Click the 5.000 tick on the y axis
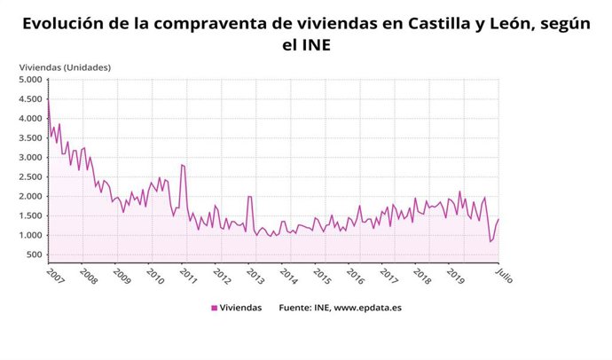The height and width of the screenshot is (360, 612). (29, 80)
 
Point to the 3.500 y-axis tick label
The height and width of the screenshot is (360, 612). (29, 138)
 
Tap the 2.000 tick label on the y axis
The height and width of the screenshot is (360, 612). (29, 197)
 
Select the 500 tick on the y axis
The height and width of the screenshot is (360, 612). (35, 255)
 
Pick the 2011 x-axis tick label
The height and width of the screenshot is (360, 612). (187, 276)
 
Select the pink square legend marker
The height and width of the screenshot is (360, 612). (214, 308)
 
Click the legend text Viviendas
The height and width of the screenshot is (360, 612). (240, 308)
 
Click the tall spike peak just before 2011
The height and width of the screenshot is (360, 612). (182, 164)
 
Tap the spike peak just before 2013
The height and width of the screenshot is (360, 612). (249, 196)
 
